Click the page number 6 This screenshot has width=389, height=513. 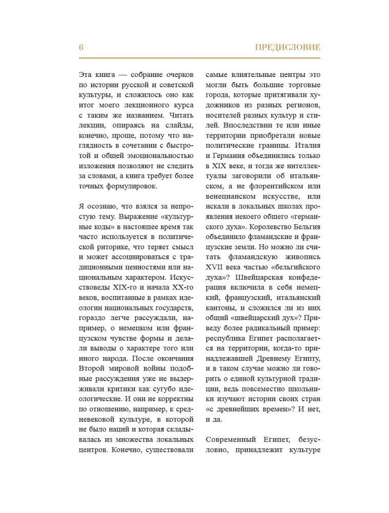pos(81,47)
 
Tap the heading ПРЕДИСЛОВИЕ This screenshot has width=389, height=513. pos(288,48)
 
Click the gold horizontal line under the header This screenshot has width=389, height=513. pos(200,58)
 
